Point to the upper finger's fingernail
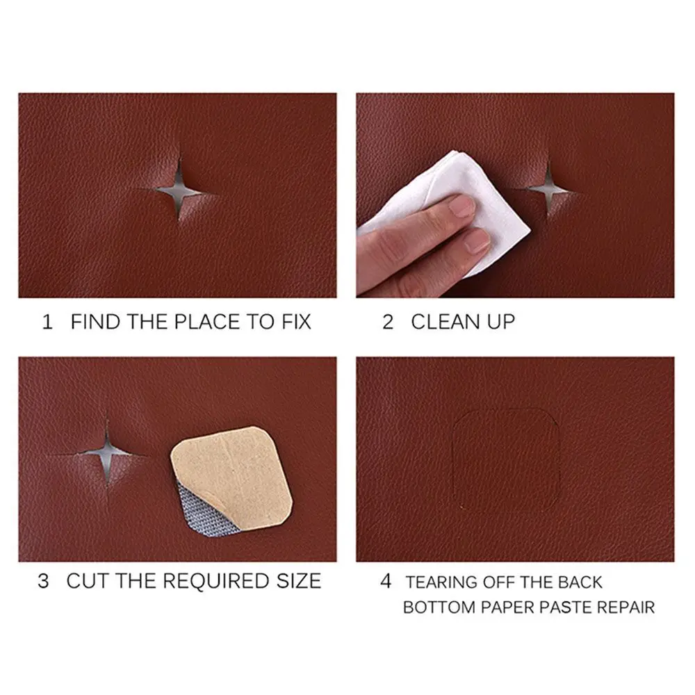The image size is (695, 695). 462,206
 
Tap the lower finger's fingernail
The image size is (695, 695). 477,240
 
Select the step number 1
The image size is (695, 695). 47,322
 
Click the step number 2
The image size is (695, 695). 388,322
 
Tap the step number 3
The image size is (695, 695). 44,581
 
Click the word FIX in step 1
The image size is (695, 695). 293,322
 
